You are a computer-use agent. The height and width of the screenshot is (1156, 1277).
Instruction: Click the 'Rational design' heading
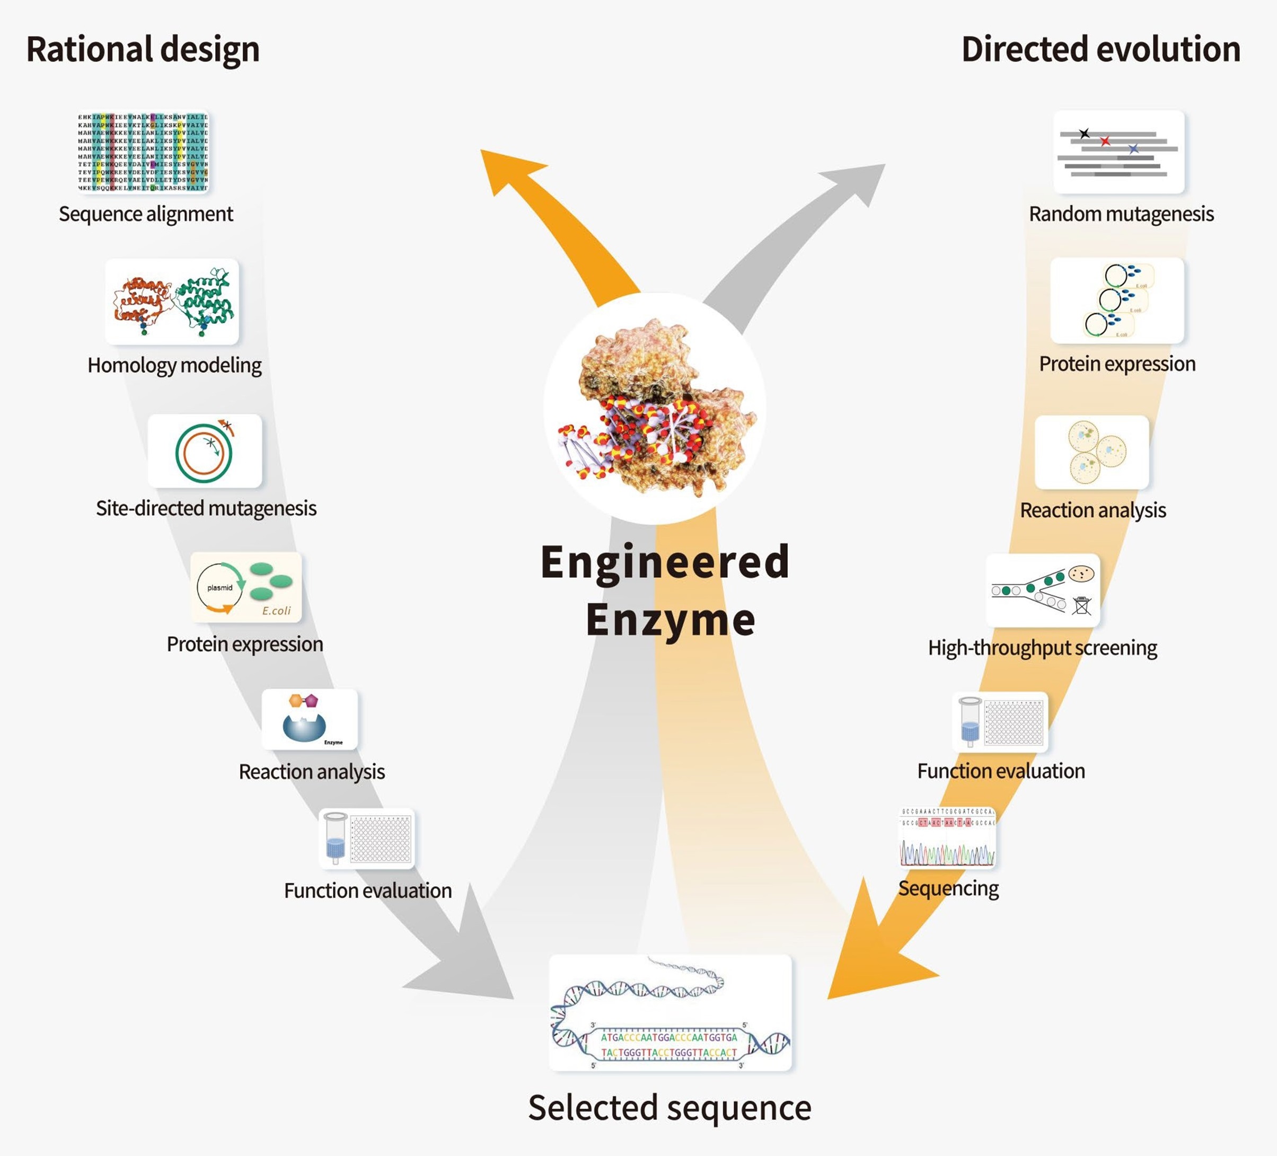pyautogui.click(x=143, y=50)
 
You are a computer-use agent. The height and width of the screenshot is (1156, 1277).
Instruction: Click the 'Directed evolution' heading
pyautogui.click(x=1101, y=50)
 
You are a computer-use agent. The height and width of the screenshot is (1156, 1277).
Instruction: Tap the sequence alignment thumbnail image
pyautogui.click(x=143, y=152)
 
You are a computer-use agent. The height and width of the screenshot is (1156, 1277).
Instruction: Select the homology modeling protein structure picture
pyautogui.click(x=172, y=302)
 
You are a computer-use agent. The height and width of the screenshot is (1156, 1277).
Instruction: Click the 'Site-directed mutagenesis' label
pyautogui.click(x=206, y=508)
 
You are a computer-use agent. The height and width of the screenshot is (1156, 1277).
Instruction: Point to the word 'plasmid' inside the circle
pyautogui.click(x=220, y=588)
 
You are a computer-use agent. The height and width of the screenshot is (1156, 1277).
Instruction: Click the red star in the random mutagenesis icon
pyautogui.click(x=1105, y=140)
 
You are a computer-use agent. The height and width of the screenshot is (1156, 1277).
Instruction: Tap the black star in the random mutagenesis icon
pyautogui.click(x=1085, y=133)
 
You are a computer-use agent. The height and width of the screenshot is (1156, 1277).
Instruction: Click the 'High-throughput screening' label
pyautogui.click(x=1043, y=647)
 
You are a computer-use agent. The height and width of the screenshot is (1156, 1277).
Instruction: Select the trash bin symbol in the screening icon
pyautogui.click(x=1082, y=605)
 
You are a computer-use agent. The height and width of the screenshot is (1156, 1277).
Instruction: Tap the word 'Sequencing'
pyautogui.click(x=948, y=888)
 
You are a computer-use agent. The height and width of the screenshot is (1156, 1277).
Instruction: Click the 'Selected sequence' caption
pyautogui.click(x=670, y=1107)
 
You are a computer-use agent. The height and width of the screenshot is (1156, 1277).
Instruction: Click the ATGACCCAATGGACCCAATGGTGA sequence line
pyautogui.click(x=669, y=1038)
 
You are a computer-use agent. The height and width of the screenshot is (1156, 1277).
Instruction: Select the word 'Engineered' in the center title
pyautogui.click(x=665, y=562)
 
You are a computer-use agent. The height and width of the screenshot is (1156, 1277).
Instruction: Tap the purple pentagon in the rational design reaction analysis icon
pyautogui.click(x=311, y=701)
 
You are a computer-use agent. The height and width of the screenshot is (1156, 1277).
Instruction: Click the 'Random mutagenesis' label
pyautogui.click(x=1121, y=214)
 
